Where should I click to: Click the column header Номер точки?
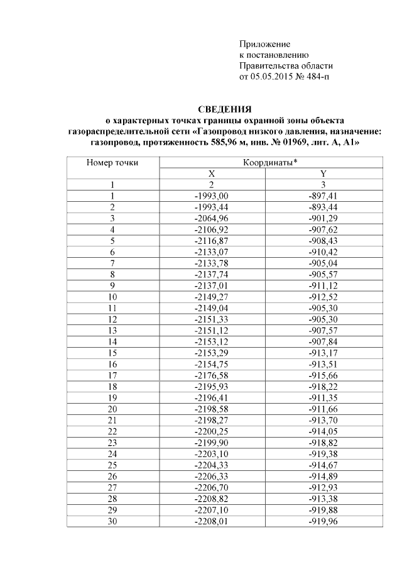click(x=112, y=163)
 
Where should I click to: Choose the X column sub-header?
click(x=212, y=174)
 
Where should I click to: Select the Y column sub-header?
click(x=323, y=174)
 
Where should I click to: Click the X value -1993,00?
click(x=212, y=196)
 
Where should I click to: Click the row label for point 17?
click(x=112, y=375)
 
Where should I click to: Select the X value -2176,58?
click(x=212, y=375)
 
